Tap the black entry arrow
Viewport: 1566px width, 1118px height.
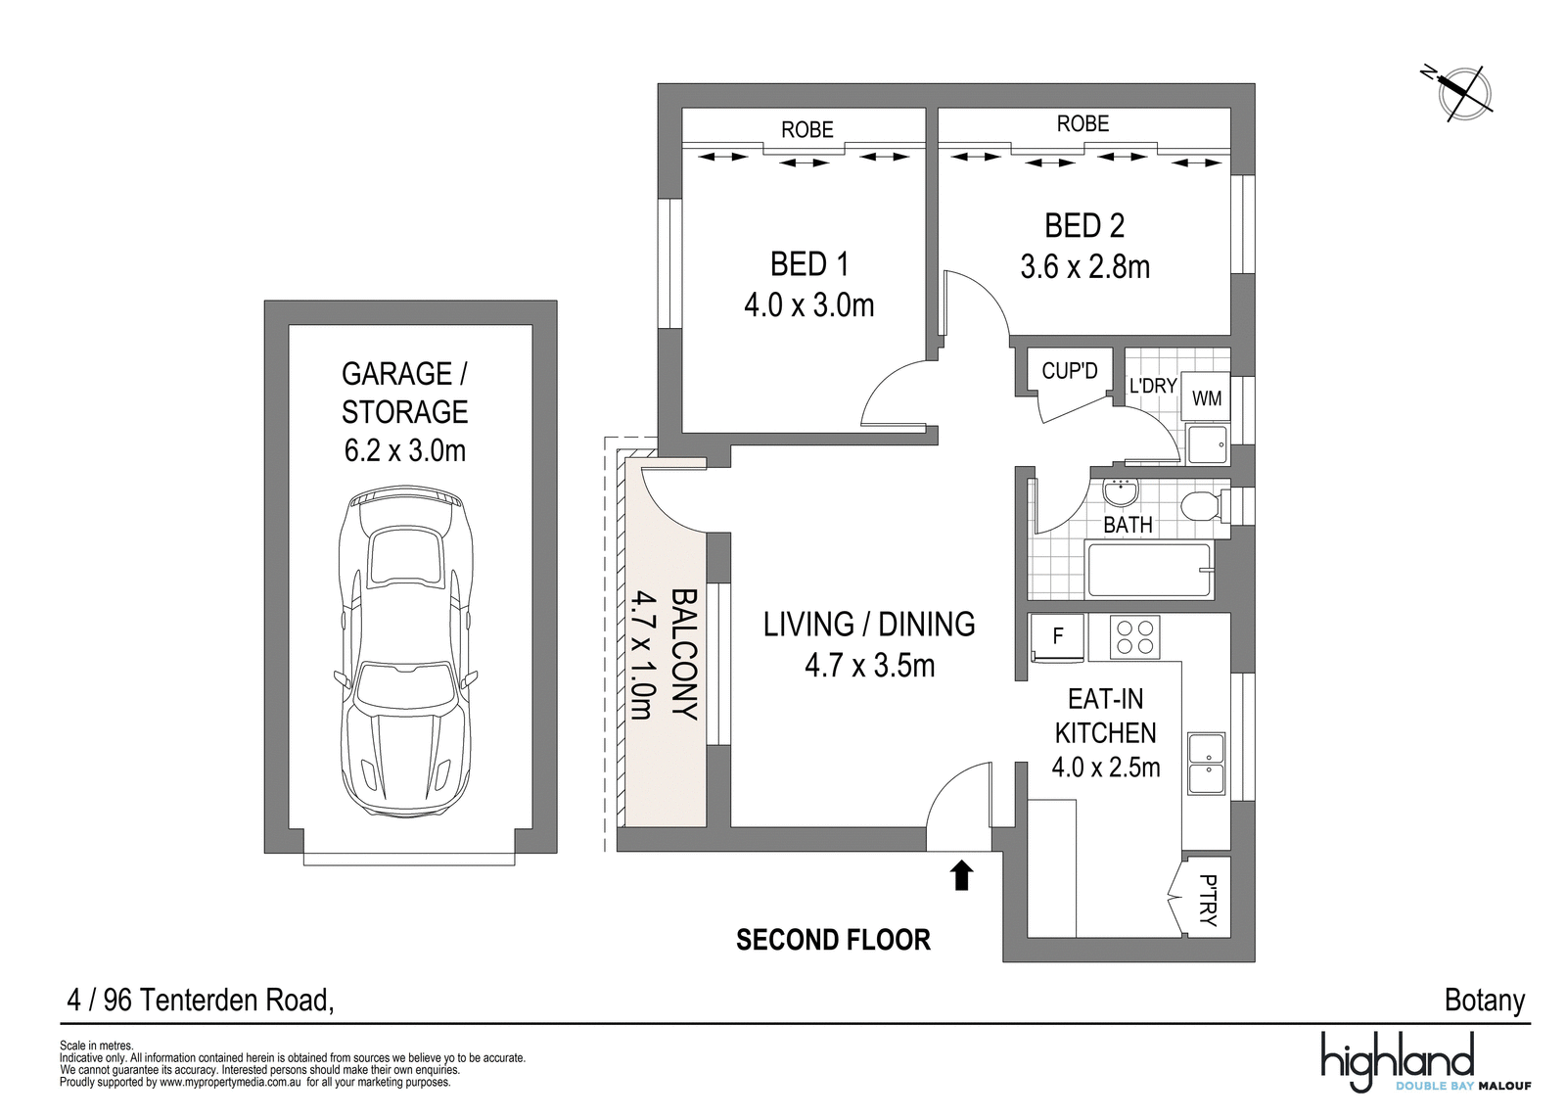coord(962,875)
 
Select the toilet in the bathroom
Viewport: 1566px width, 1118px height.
coord(1207,505)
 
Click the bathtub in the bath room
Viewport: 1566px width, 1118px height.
coord(1150,571)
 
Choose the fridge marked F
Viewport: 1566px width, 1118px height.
coord(1058,636)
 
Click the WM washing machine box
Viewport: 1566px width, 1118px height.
coord(1207,398)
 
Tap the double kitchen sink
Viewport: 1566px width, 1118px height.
coord(1207,765)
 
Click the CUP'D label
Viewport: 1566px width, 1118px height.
coord(1070,371)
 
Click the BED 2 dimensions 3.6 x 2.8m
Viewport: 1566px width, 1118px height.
coord(1085,267)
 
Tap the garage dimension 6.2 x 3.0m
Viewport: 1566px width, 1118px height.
coord(405,450)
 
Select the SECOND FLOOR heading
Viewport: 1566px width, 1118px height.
coord(833,940)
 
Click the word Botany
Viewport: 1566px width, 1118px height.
coord(1484,1001)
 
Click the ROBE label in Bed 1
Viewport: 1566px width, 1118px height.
coord(807,130)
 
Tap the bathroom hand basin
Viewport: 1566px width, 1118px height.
coord(1121,492)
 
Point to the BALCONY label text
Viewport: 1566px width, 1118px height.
coord(684,654)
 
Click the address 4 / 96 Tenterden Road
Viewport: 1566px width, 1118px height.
coord(201,1001)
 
